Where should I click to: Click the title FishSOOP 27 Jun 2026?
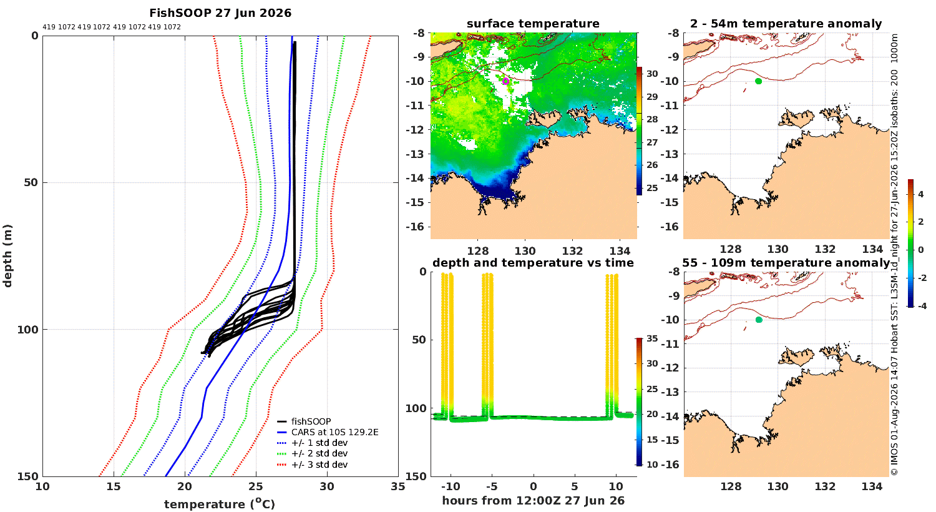pyautogui.click(x=220, y=13)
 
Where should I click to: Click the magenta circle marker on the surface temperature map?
pyautogui.click(x=505, y=81)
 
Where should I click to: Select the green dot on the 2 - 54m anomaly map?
pyautogui.click(x=758, y=81)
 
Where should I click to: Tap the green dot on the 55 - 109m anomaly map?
pyautogui.click(x=759, y=320)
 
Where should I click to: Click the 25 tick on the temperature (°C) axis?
pyautogui.click(x=256, y=487)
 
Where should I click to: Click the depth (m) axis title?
pyautogui.click(x=7, y=256)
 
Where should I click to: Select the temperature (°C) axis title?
pyautogui.click(x=220, y=504)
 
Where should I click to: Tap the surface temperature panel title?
pyautogui.click(x=533, y=24)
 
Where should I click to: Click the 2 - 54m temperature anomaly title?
pyautogui.click(x=786, y=24)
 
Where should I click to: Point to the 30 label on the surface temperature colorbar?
pyautogui.click(x=652, y=74)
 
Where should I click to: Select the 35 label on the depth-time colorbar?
pyautogui.click(x=652, y=338)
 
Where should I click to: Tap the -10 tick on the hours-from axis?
pyautogui.click(x=451, y=486)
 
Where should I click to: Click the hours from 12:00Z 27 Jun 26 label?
pyautogui.click(x=533, y=500)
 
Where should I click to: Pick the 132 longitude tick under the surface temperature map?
pyautogui.click(x=572, y=251)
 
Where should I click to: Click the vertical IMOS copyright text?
pyautogui.click(x=894, y=255)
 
